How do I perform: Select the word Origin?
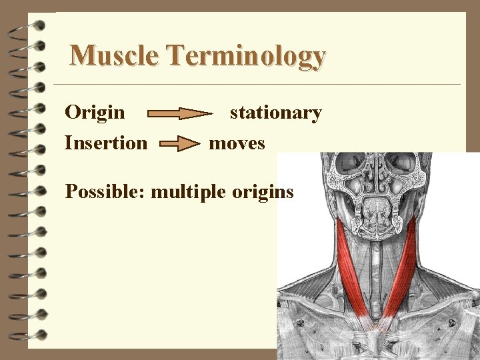tap(95, 112)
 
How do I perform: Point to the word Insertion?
tap(106, 143)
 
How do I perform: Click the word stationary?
tap(275, 113)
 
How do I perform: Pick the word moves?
tap(237, 143)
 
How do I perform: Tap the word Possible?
tap(105, 192)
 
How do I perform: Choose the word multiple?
tap(189, 193)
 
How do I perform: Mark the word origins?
tap(263, 193)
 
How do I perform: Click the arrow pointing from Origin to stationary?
tap(180, 114)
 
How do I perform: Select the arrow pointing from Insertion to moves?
tap(179, 144)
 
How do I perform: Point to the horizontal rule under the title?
tap(257, 85)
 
